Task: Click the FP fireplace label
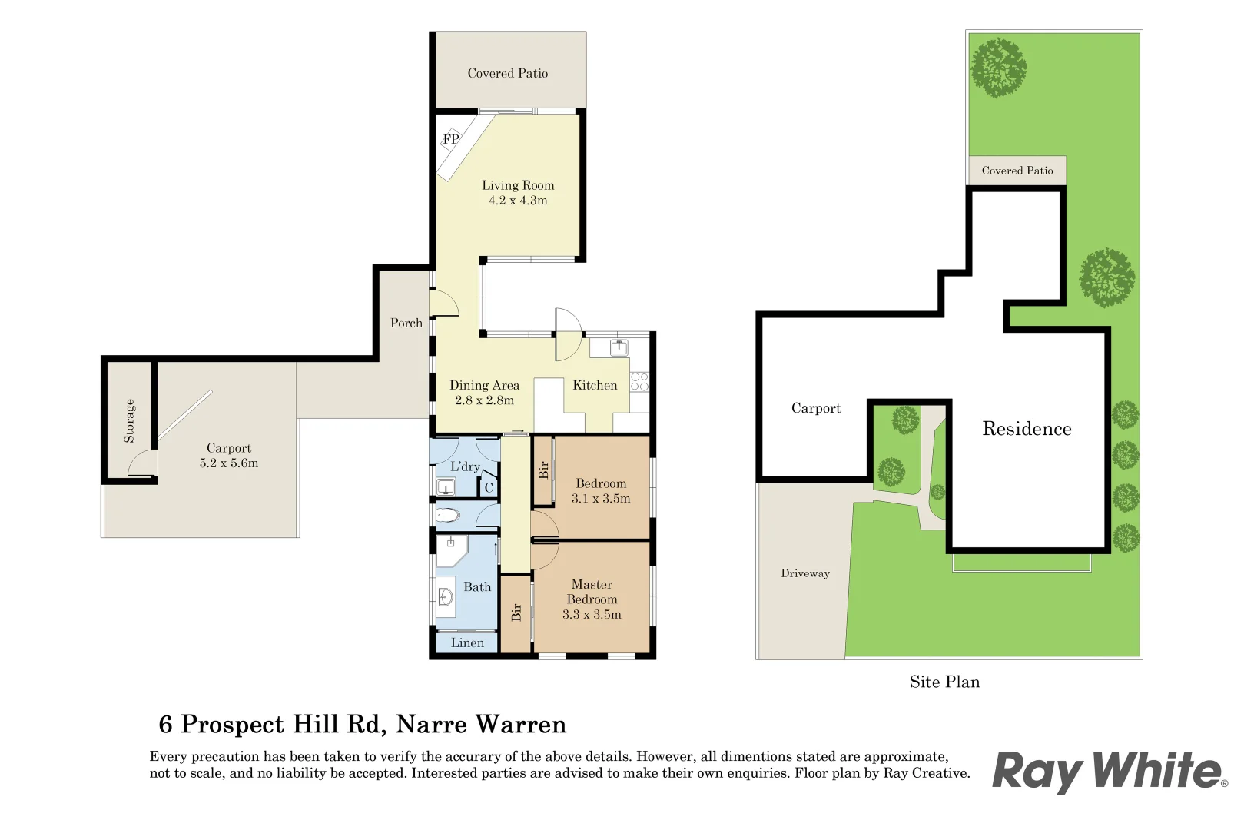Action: pos(450,139)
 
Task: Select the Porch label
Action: pos(406,323)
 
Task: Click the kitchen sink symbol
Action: pos(619,348)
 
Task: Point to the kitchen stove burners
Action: pos(639,382)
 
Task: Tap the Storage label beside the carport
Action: pos(129,420)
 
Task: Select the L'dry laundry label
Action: pos(465,466)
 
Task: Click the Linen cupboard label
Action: pos(467,642)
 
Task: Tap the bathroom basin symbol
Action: pos(445,597)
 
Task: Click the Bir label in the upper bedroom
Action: pos(544,470)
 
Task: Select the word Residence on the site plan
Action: pos(1027,428)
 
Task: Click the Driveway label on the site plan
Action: pos(805,573)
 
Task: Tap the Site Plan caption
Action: pos(944,682)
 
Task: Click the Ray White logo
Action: pos(1110,772)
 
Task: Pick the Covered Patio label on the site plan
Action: pos(1017,171)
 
